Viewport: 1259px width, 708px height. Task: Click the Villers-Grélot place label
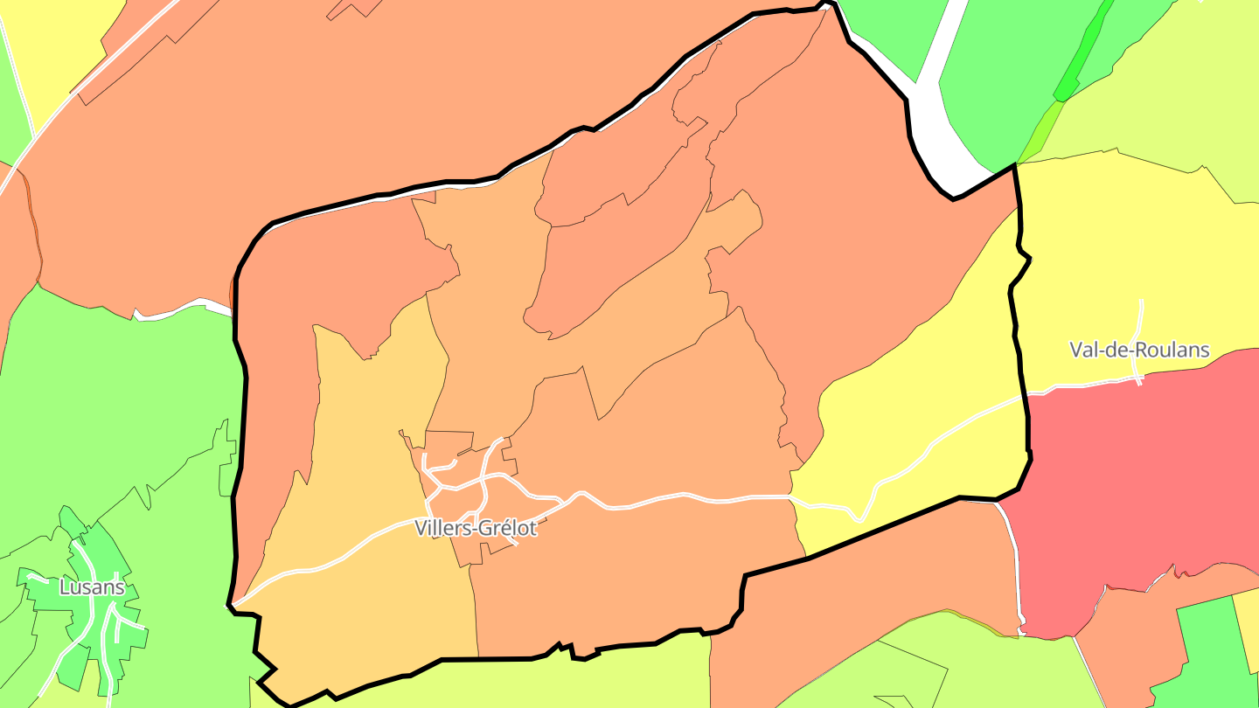coord(476,528)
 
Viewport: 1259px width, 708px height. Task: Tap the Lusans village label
coord(92,587)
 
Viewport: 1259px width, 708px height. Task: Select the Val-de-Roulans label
coord(1139,351)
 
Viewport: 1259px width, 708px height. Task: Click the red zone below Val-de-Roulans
coord(1137,472)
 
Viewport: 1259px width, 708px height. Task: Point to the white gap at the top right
coord(940,131)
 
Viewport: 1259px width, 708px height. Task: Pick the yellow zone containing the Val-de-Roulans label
coord(1093,262)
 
